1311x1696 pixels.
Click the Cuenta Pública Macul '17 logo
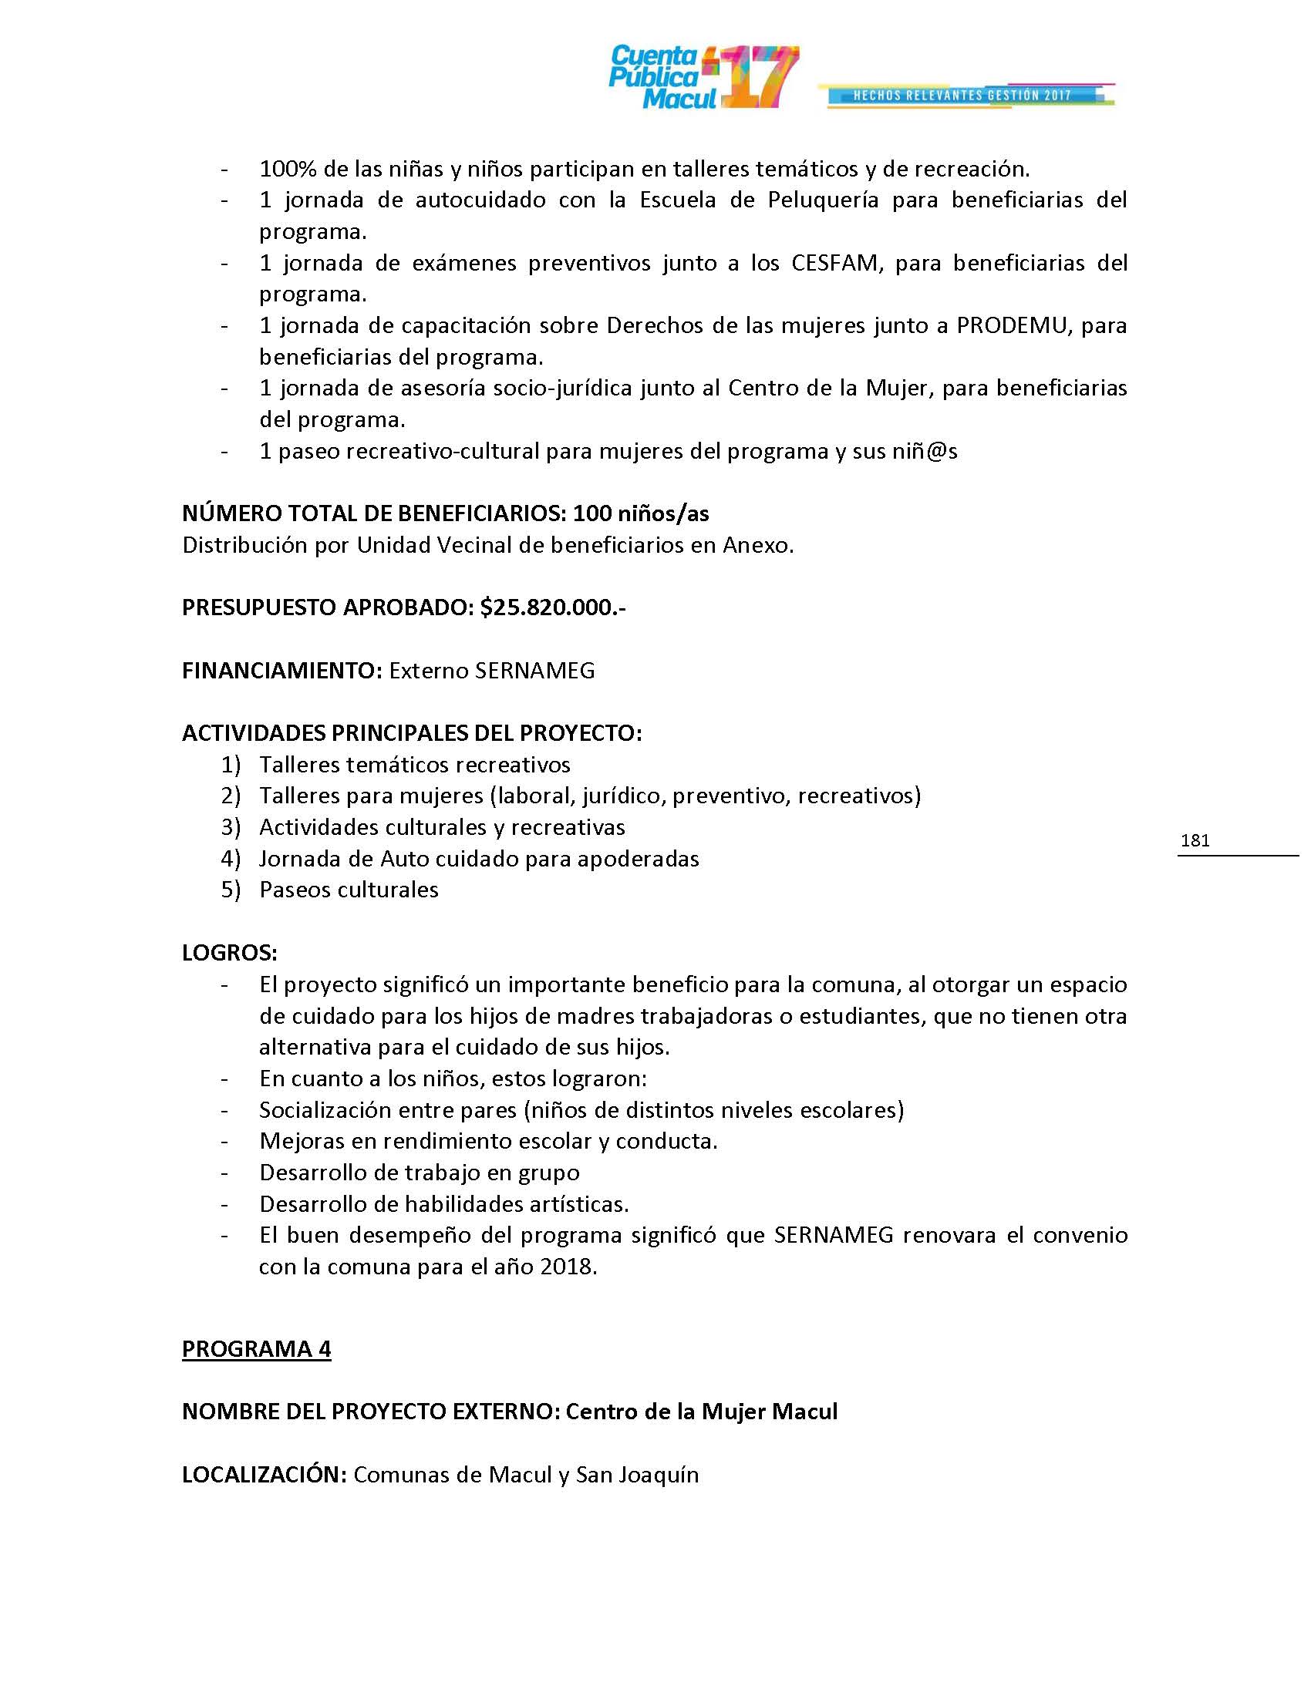[x=702, y=77]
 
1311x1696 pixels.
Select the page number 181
[x=1195, y=840]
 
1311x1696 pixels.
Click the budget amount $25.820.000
[x=552, y=607]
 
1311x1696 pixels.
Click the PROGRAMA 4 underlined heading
[x=256, y=1349]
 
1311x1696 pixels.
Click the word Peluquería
[x=823, y=200]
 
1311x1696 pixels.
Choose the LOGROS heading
[x=230, y=952]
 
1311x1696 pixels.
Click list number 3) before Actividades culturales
[x=231, y=827]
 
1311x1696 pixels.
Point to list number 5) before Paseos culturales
[x=231, y=889]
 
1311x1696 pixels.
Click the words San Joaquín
[x=637, y=1474]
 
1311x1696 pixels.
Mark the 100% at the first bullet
[x=285, y=169]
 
